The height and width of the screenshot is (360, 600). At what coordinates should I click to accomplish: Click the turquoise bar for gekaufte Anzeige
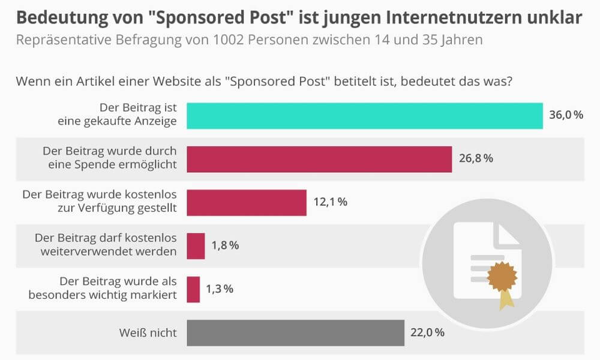[365, 116]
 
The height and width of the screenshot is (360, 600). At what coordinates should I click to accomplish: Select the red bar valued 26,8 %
[319, 159]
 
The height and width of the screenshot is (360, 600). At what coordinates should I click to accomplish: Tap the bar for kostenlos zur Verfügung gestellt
[247, 202]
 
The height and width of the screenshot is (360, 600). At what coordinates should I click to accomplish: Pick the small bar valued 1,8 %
[196, 245]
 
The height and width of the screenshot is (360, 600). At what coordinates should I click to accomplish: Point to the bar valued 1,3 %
[193, 289]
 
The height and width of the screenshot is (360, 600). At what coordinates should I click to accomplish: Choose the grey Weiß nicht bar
[295, 332]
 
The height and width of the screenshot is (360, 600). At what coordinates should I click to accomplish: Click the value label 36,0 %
[566, 115]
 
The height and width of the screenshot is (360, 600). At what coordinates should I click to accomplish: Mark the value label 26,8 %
[476, 159]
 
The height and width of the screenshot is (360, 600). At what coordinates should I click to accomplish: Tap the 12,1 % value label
[330, 202]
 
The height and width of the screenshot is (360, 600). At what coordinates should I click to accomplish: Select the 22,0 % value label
[427, 332]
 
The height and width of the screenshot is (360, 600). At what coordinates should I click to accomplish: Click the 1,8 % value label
[226, 245]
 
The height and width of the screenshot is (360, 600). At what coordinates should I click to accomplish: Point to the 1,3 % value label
[220, 289]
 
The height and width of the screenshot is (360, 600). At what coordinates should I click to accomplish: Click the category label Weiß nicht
[148, 332]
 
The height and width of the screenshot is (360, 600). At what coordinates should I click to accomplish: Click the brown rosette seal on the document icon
[502, 277]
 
